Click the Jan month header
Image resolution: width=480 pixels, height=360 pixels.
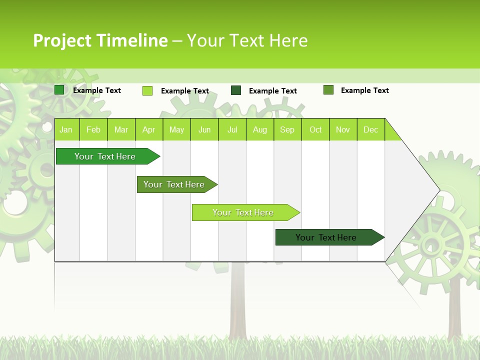tap(66, 129)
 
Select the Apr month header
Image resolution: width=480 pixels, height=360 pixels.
tap(148, 129)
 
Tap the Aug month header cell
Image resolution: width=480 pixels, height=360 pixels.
tap(259, 129)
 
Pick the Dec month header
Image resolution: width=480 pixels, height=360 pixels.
tap(370, 129)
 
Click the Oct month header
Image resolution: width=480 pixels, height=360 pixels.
tap(315, 129)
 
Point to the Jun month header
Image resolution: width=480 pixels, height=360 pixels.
tap(204, 129)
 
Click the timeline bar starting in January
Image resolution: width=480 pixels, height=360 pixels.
tap(105, 156)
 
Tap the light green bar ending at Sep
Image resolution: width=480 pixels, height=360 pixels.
tap(243, 212)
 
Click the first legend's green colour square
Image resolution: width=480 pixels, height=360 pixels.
tap(59, 90)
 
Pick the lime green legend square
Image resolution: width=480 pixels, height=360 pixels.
tap(147, 90)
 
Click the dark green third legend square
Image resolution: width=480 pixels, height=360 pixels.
tap(235, 90)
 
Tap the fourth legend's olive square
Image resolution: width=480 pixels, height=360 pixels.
tap(328, 90)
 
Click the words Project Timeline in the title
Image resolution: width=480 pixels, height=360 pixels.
tap(100, 40)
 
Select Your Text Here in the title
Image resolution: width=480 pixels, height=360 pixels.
tap(247, 40)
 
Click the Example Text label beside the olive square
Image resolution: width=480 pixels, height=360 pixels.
tap(364, 90)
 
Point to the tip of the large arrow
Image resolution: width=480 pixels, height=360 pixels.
tap(438, 190)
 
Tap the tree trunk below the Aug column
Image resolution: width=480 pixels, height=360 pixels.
tap(237, 305)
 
